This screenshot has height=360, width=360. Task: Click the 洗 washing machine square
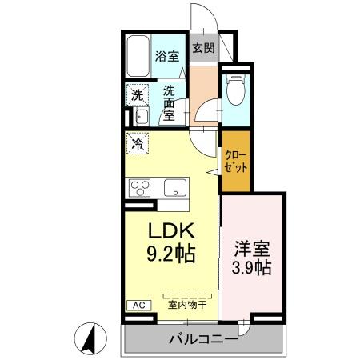point(138,94)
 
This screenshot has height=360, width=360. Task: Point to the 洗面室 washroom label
point(170,103)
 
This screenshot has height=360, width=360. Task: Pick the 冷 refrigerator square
point(138,145)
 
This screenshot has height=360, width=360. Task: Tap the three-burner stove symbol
point(141,190)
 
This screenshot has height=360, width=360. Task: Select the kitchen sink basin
point(175,189)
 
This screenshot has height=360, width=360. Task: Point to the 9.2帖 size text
point(170,254)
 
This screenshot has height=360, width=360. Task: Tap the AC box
point(137,305)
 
